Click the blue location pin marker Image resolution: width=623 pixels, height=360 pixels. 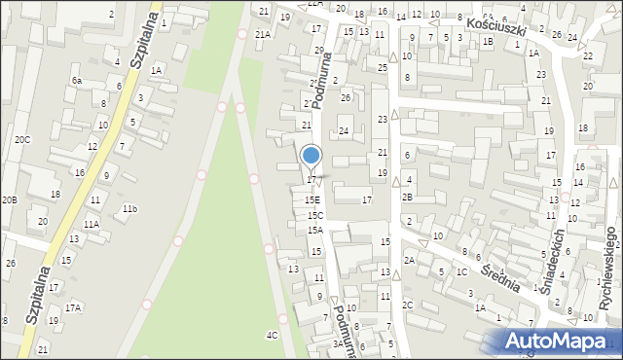tap(311, 156)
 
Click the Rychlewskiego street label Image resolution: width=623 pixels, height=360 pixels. tap(609, 269)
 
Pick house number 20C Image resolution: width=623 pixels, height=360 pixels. tap(21, 139)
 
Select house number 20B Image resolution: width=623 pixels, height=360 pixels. tap(9, 199)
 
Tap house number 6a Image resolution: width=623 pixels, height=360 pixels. tap(76, 80)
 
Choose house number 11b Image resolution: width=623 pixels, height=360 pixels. tap(129, 208)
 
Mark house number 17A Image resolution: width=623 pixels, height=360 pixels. tap(73, 307)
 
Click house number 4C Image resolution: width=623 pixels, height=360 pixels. tap(273, 335)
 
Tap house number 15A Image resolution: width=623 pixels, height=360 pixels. tap(315, 231)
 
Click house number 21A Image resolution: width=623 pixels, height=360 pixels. tap(263, 34)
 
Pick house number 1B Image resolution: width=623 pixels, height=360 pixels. tap(488, 41)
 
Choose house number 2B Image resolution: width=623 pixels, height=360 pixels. tap(408, 197)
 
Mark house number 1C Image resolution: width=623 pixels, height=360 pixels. tap(461, 271)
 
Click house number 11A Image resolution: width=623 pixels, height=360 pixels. tap(91, 224)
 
